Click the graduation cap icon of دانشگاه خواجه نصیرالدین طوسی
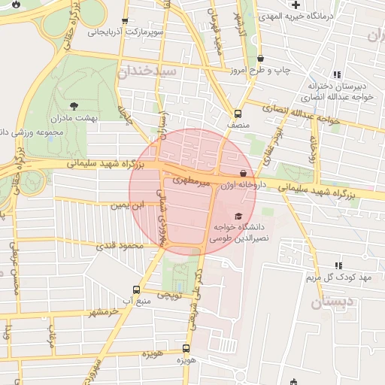tap(238, 217)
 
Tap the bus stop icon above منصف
tap(238, 114)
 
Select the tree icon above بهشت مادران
tap(73, 106)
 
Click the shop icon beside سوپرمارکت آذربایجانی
tap(125, 21)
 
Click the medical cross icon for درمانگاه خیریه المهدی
tap(296, 5)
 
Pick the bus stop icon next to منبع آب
tap(136, 290)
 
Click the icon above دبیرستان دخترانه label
tap(337, 74)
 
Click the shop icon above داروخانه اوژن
tap(242, 173)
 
